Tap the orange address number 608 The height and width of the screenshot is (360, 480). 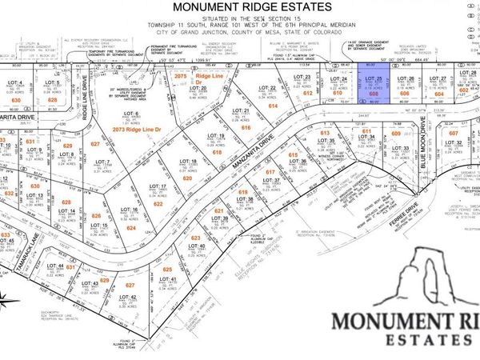(373, 93)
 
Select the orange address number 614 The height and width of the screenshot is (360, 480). (273, 105)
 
